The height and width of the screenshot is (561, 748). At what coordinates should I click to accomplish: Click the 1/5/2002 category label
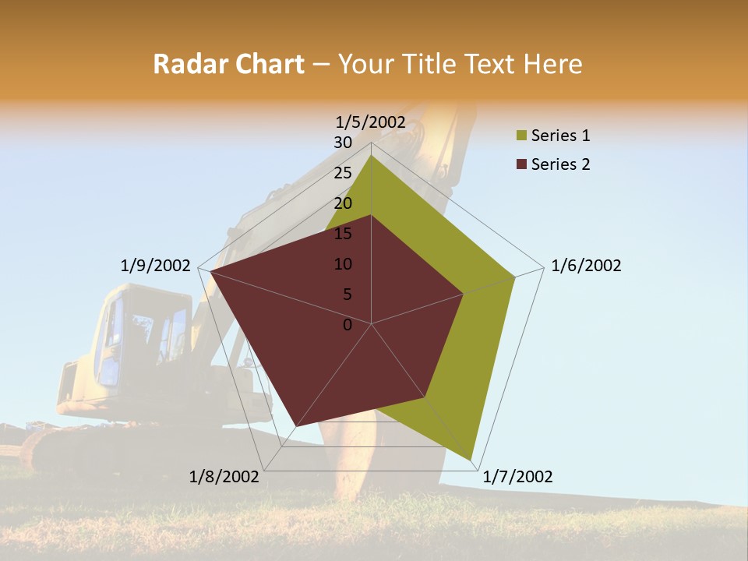click(x=371, y=122)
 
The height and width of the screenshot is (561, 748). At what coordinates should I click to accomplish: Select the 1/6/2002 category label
click(x=586, y=266)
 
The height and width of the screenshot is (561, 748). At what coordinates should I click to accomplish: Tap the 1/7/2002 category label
click(x=517, y=477)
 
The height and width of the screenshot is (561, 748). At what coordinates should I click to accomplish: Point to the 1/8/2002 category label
click(x=224, y=477)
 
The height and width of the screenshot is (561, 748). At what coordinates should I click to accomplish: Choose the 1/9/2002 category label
click(x=156, y=266)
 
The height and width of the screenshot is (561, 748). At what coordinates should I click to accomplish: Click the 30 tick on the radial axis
click(x=343, y=143)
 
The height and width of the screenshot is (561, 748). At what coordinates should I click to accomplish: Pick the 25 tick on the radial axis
click(x=343, y=173)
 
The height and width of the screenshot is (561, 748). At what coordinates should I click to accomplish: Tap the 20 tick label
click(x=343, y=203)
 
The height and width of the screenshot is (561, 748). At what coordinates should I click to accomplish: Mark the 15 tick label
click(x=343, y=234)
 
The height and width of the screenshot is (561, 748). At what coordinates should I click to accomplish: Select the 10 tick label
click(x=343, y=264)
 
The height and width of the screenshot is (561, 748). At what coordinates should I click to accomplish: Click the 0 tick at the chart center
click(x=348, y=324)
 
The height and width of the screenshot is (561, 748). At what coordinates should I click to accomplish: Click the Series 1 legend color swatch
click(x=521, y=136)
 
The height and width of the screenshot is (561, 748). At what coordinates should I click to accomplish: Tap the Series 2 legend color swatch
click(x=521, y=164)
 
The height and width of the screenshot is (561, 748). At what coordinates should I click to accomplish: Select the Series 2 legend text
click(x=560, y=164)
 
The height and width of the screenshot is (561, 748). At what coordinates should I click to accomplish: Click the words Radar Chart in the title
click(x=228, y=64)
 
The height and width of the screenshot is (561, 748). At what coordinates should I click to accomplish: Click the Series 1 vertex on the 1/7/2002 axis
click(x=471, y=460)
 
